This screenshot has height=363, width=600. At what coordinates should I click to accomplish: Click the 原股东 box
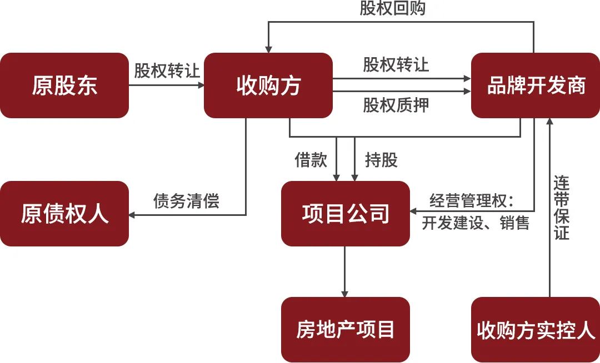[x=64, y=85]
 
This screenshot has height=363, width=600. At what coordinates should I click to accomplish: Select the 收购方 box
[x=268, y=85]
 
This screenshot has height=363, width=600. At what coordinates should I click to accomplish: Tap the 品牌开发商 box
[x=536, y=85]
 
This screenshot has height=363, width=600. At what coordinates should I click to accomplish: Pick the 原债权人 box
[x=64, y=214]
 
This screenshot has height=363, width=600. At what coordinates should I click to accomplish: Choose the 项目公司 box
[x=346, y=214]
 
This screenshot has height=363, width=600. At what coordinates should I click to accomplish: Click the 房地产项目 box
[x=346, y=330]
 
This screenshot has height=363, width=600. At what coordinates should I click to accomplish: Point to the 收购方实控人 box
[x=536, y=330]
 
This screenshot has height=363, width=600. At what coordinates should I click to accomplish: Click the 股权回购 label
[x=392, y=8]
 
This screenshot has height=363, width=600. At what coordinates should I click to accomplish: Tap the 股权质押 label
[x=396, y=105]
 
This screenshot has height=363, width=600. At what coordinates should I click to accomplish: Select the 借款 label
[x=311, y=160]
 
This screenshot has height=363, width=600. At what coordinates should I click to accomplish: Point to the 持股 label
[x=381, y=160]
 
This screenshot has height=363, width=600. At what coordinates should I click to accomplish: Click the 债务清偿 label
[x=186, y=200]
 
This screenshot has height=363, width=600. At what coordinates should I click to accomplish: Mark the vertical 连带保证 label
[x=561, y=208]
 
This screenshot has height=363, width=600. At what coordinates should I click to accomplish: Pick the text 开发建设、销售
[x=475, y=223]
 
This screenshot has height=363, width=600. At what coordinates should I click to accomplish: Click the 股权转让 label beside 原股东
[x=167, y=71]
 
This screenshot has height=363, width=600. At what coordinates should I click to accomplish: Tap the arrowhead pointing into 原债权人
[x=132, y=214]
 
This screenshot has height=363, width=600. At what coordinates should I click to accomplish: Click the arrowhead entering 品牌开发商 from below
[x=550, y=122]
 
